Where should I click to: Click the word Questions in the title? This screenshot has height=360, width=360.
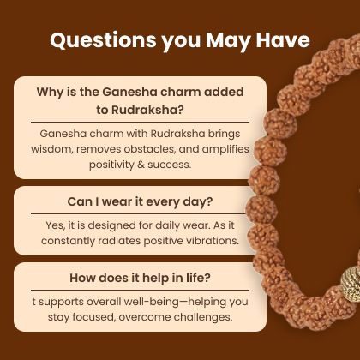103,40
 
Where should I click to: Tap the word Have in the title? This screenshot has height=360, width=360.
283,39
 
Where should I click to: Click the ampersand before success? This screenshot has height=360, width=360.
141,165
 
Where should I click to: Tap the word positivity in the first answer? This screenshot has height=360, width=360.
111,165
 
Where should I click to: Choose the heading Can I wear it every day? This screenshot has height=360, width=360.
140,202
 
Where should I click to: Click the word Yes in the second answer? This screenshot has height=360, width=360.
56,225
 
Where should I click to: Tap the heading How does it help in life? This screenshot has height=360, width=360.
140,278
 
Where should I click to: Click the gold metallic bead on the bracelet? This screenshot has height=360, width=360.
351,284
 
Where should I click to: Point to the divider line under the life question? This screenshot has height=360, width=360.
140,290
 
